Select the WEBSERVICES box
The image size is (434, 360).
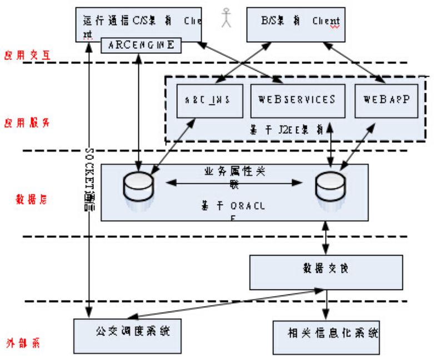(x=296, y=100)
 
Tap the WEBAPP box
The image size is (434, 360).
(x=386, y=100)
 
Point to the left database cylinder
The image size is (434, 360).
(x=138, y=188)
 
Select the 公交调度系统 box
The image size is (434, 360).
(x=131, y=332)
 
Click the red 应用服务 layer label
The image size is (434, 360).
(x=27, y=122)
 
